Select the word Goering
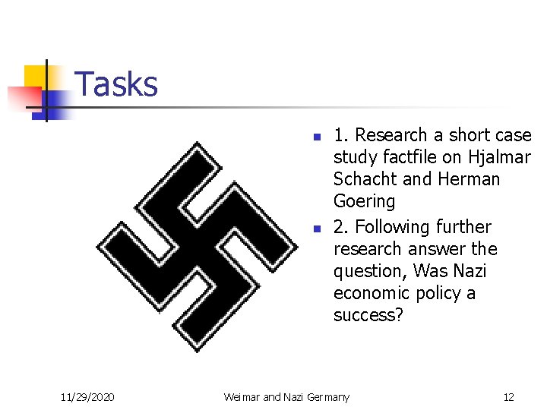tap(365, 202)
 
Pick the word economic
tap(370, 293)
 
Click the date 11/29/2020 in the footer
tap(87, 396)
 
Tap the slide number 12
tap(508, 396)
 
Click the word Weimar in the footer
tap(241, 396)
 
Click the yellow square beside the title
tap(35, 77)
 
